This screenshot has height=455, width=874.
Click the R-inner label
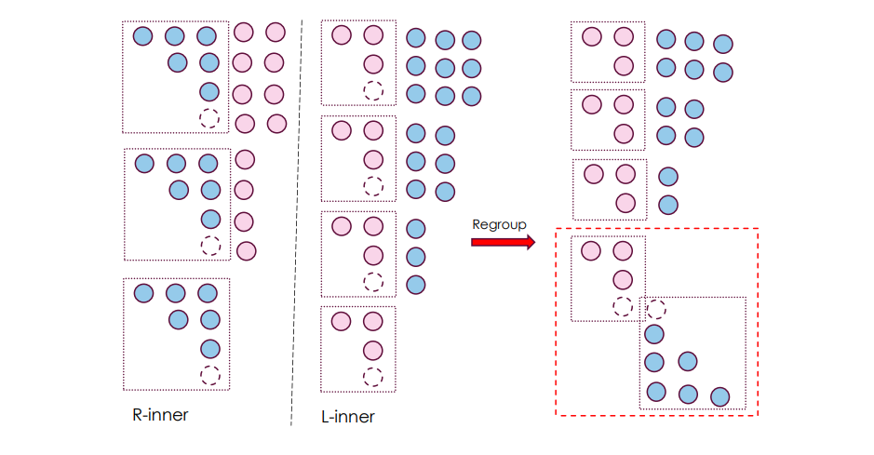pyautogui.click(x=160, y=415)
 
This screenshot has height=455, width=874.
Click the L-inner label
pyautogui.click(x=347, y=417)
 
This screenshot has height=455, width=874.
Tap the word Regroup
pyautogui.click(x=500, y=224)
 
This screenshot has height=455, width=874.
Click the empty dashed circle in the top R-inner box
pyautogui.click(x=209, y=119)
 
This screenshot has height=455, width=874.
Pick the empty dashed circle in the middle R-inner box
pyautogui.click(x=211, y=246)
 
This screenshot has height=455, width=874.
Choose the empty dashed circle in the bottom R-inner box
pyautogui.click(x=210, y=375)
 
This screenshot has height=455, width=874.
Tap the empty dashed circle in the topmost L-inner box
pyautogui.click(x=373, y=90)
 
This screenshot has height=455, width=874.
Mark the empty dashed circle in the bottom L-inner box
pyautogui.click(x=373, y=377)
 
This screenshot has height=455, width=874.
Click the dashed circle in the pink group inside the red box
pyautogui.click(x=623, y=306)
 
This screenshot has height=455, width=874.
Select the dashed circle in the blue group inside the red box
pyautogui.click(x=656, y=308)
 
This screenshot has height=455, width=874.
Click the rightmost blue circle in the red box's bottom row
pyautogui.click(x=719, y=397)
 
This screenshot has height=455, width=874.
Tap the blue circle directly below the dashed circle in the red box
pyautogui.click(x=654, y=334)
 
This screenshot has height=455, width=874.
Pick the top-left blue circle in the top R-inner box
pyautogui.click(x=142, y=36)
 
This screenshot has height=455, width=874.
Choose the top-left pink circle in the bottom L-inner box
pyautogui.click(x=342, y=321)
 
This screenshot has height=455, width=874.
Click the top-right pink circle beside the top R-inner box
pyautogui.click(x=275, y=33)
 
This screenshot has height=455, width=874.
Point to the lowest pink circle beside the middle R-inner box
pyautogui.click(x=247, y=250)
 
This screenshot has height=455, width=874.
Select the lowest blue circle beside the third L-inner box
pyautogui.click(x=416, y=285)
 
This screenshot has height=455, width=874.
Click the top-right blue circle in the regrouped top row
pyautogui.click(x=722, y=44)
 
